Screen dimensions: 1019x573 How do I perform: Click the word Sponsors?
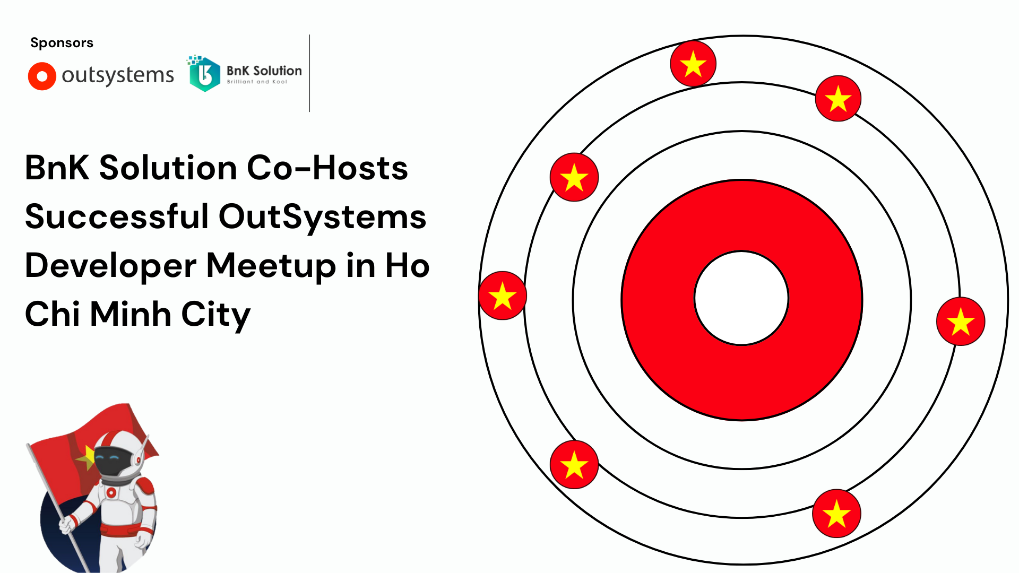click(x=62, y=43)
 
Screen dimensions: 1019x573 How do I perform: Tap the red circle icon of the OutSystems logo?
click(x=42, y=76)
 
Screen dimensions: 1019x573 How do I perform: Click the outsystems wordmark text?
click(x=118, y=75)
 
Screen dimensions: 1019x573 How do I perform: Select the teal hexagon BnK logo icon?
click(x=204, y=74)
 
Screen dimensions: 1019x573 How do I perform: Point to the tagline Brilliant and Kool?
click(x=257, y=82)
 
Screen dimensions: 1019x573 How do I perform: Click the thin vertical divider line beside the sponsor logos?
click(x=309, y=73)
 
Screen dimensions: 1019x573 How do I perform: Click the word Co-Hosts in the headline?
click(x=327, y=168)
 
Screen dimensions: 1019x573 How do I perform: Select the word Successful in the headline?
click(x=117, y=216)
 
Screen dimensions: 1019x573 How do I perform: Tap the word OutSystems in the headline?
click(x=322, y=218)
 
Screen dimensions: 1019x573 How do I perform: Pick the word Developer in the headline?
click(x=110, y=266)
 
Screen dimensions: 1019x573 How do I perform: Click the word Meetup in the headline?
click(x=271, y=266)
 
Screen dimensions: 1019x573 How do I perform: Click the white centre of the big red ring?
click(x=741, y=298)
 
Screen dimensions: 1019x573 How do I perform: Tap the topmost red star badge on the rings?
click(x=693, y=64)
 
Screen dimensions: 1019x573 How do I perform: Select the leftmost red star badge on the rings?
click(x=503, y=296)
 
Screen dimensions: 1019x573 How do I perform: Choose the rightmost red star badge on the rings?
click(x=961, y=322)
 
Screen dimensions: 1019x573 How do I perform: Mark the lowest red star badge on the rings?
click(x=836, y=514)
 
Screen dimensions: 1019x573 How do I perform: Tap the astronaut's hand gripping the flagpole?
click(x=67, y=525)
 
